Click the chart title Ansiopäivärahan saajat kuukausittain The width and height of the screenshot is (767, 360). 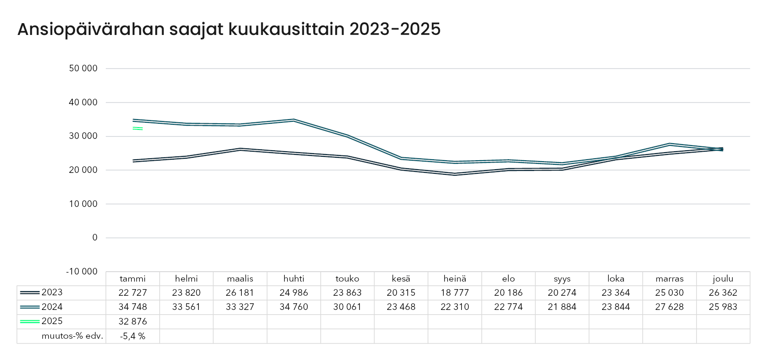point(229,29)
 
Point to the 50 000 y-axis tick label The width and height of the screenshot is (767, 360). point(83,69)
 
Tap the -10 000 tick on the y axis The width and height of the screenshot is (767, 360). point(82,272)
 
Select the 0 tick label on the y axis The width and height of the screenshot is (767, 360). point(95,238)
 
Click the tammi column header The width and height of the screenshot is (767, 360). point(133,279)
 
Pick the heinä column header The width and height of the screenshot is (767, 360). point(455,279)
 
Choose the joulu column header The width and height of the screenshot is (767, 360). point(723,279)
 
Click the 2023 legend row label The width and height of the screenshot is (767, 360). point(52,292)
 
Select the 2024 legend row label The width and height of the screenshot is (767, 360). point(52,307)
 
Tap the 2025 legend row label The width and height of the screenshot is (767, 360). point(52,321)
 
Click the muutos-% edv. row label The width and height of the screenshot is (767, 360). point(72,336)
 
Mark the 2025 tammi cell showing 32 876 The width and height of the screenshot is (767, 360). point(133,321)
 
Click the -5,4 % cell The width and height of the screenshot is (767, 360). point(133,336)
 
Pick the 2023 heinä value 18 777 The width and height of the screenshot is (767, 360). point(455,293)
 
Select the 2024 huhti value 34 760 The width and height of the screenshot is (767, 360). point(294,307)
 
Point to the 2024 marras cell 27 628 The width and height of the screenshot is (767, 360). point(669,307)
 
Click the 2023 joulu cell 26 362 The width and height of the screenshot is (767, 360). point(723,293)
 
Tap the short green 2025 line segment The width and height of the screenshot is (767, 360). point(137,128)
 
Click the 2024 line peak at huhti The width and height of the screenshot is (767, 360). point(294,120)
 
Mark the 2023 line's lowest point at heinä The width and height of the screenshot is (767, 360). point(455,174)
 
